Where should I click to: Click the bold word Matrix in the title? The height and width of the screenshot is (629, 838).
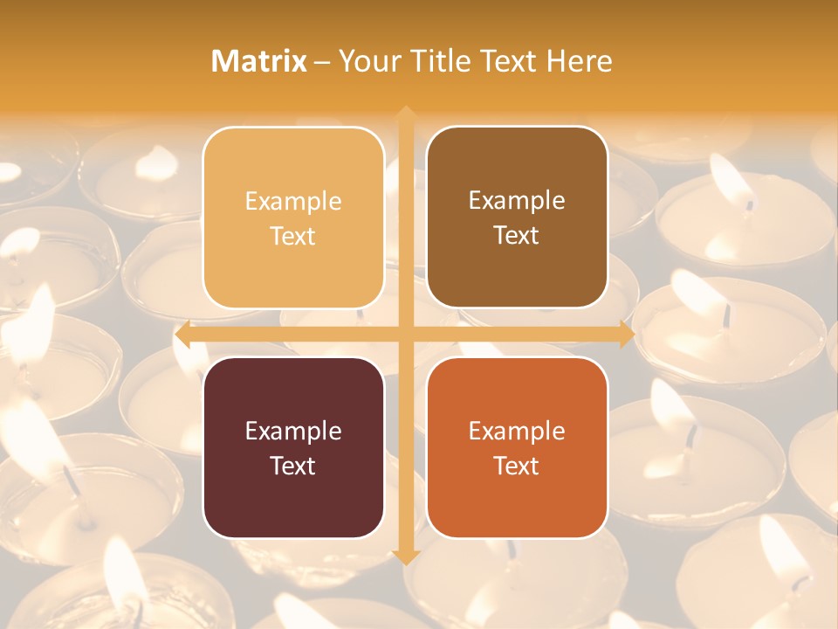259,61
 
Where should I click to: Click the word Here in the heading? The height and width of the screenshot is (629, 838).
580,61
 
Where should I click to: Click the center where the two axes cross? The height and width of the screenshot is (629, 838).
405,335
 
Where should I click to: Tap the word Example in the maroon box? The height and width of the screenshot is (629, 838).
293,431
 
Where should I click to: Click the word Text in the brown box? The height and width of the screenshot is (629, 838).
517,235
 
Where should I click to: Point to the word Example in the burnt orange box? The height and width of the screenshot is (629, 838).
517,431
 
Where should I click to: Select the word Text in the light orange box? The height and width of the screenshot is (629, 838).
293,236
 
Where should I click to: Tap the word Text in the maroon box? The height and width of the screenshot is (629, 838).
293,466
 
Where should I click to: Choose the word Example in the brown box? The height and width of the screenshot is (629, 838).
517,200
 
